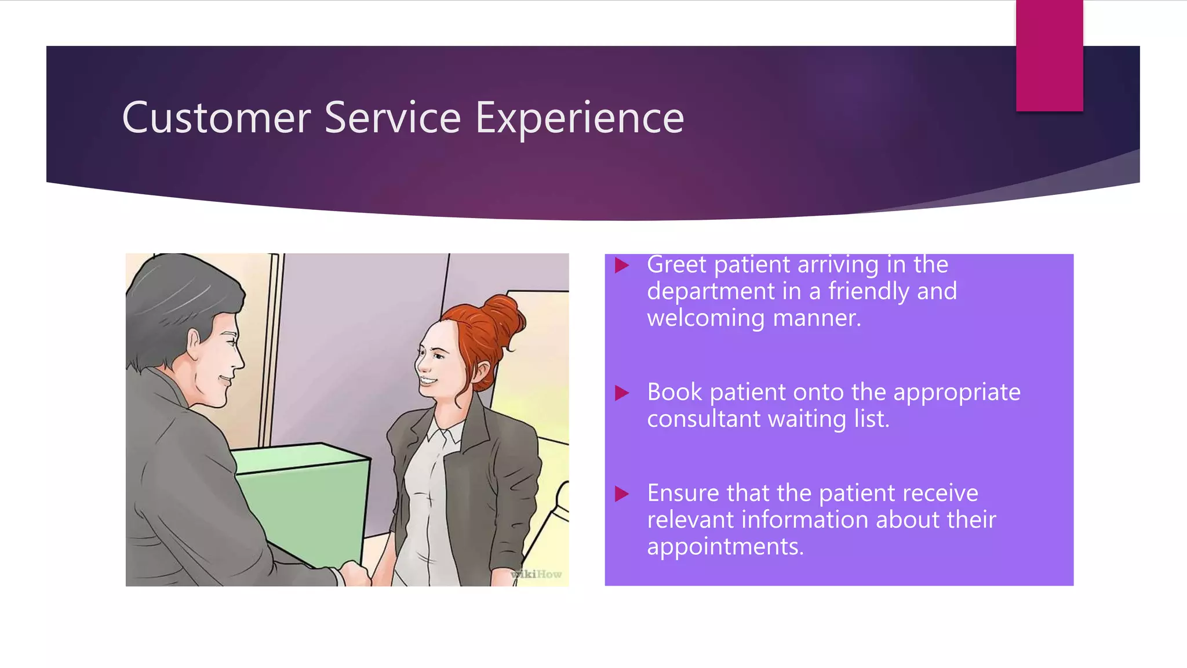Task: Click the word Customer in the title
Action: pyautogui.click(x=216, y=118)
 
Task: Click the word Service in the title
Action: pyautogui.click(x=392, y=118)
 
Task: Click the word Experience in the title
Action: pyautogui.click(x=580, y=119)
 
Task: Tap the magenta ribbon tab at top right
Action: pyautogui.click(x=1049, y=56)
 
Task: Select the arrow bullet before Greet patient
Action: pyautogui.click(x=622, y=266)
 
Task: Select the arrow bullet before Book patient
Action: pyautogui.click(x=622, y=393)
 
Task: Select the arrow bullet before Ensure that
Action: pyautogui.click(x=622, y=494)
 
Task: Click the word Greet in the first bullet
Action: pyautogui.click(x=676, y=265)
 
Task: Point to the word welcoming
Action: pyautogui.click(x=706, y=318)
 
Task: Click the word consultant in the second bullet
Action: pyautogui.click(x=703, y=419)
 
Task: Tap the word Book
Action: pyautogui.click(x=674, y=393)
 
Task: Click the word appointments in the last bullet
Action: pyautogui.click(x=724, y=547)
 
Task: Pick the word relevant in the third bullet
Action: pyautogui.click(x=690, y=520)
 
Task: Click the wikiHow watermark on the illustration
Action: pyautogui.click(x=537, y=574)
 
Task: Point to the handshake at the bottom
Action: pyautogui.click(x=355, y=574)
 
